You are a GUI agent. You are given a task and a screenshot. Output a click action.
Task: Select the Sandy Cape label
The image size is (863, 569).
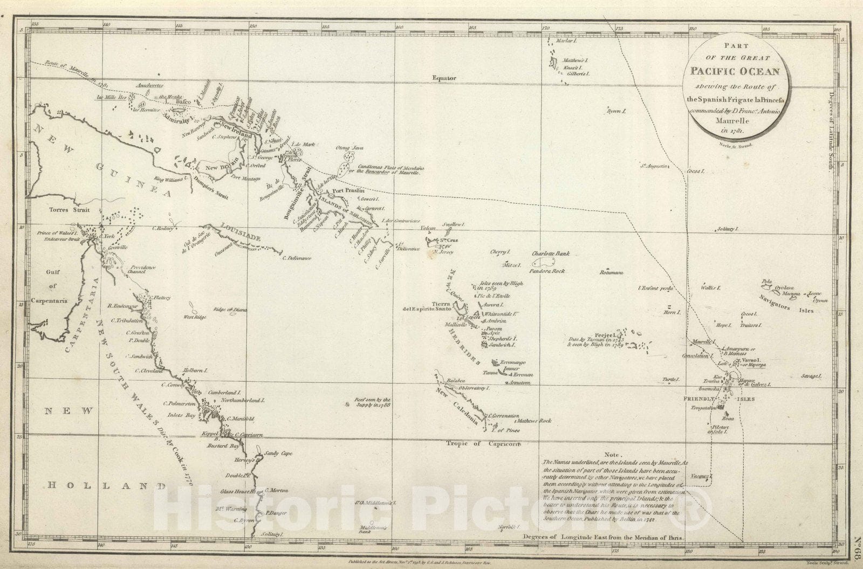click(278, 454)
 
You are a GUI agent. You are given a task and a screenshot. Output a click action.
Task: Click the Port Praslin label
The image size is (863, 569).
click(349, 191)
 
